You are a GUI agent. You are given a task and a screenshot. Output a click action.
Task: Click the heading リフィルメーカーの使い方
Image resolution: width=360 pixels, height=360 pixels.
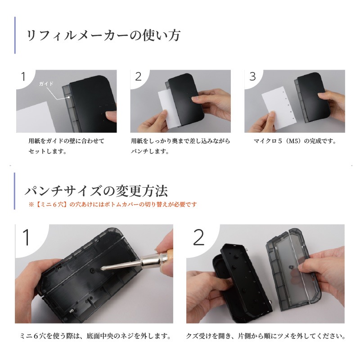[x=103, y=36]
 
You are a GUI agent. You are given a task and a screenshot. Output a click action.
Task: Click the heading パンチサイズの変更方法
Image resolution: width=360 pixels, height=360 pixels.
[x=96, y=191]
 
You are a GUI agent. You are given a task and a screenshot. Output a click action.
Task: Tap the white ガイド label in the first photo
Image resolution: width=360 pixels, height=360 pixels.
[x=46, y=84]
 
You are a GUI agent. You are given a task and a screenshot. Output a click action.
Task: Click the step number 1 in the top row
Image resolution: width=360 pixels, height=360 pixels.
[x=23, y=76]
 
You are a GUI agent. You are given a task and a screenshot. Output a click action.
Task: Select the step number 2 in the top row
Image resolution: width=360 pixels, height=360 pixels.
[x=138, y=76]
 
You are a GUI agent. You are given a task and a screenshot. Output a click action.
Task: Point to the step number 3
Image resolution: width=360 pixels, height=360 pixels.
[x=252, y=76]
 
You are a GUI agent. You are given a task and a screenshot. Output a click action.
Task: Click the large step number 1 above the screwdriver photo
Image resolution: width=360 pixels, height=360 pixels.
[x=27, y=237]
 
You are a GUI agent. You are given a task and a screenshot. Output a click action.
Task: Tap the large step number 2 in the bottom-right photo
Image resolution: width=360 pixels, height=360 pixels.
[x=198, y=237]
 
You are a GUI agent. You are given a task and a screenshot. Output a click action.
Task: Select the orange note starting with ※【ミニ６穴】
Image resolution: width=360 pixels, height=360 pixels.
[x=112, y=204]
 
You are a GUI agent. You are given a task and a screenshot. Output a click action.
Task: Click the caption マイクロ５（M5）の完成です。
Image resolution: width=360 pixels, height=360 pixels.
[x=295, y=141]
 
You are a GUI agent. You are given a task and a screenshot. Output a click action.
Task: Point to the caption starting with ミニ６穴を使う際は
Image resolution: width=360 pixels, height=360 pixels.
[x=96, y=336]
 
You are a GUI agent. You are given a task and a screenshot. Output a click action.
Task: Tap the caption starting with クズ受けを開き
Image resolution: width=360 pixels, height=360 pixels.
[x=265, y=336]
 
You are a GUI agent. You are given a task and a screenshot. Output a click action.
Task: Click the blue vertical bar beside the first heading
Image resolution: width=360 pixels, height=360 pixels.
[x=15, y=35]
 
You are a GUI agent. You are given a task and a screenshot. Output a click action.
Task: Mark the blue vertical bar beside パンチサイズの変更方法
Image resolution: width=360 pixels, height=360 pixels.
[x=15, y=191]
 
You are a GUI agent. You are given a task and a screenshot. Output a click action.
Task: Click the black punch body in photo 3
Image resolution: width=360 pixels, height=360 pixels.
[x=312, y=96]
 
